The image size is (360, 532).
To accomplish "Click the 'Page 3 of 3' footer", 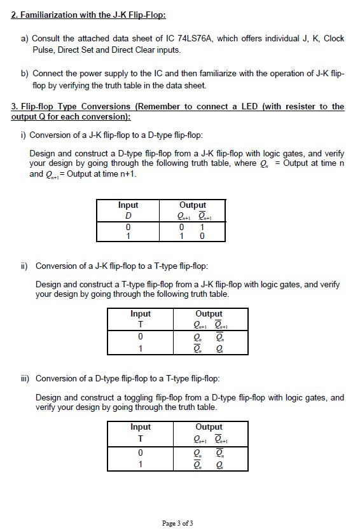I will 177,523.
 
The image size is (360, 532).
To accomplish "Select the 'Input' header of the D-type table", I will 128,205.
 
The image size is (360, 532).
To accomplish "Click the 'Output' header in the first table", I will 192,205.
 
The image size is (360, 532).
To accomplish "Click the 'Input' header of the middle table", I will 141,314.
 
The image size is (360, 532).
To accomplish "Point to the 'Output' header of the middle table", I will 209,314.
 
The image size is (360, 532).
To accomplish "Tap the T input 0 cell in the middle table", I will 141,336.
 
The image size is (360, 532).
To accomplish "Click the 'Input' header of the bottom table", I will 141,427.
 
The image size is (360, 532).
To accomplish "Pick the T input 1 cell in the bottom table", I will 141,464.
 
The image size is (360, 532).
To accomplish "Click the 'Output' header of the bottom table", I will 209,427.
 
